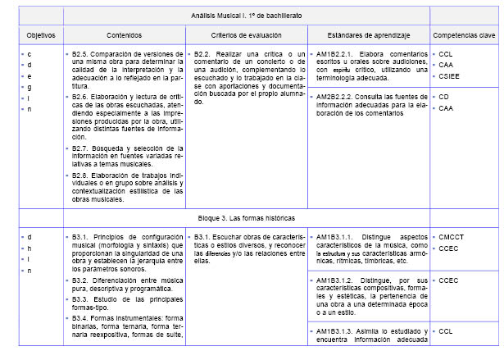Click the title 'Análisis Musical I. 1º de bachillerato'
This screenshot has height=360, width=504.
[x=247, y=16]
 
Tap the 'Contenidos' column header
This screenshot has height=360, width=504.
[x=124, y=35]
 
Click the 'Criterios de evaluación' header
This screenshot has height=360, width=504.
[x=246, y=35]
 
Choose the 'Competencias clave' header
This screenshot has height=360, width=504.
[x=464, y=35]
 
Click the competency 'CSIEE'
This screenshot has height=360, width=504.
[x=449, y=75]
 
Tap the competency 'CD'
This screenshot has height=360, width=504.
[x=444, y=97]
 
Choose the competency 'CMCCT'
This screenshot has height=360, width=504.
[x=451, y=237]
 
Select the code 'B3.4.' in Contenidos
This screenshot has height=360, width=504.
[x=80, y=317]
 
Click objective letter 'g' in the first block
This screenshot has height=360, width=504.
[x=30, y=86]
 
